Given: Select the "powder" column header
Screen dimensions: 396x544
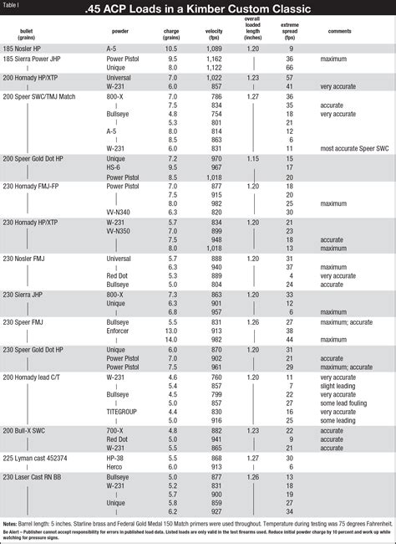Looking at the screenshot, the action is point(119,30).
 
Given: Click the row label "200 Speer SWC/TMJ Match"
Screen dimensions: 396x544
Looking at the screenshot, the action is point(39,96).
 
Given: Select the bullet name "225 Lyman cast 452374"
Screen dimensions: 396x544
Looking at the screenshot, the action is point(38,458).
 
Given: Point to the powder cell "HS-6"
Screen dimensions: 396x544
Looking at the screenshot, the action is point(114,167).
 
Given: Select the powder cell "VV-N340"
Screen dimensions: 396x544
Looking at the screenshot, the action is point(121,213).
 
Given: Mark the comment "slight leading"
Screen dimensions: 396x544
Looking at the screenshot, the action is point(338,385).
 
